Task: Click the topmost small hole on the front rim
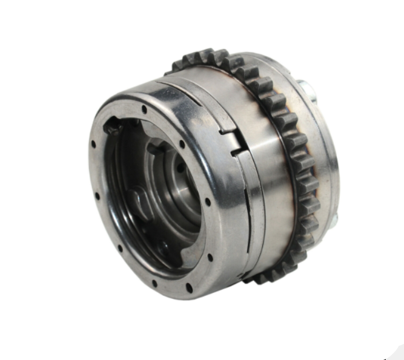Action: [x=144, y=109]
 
